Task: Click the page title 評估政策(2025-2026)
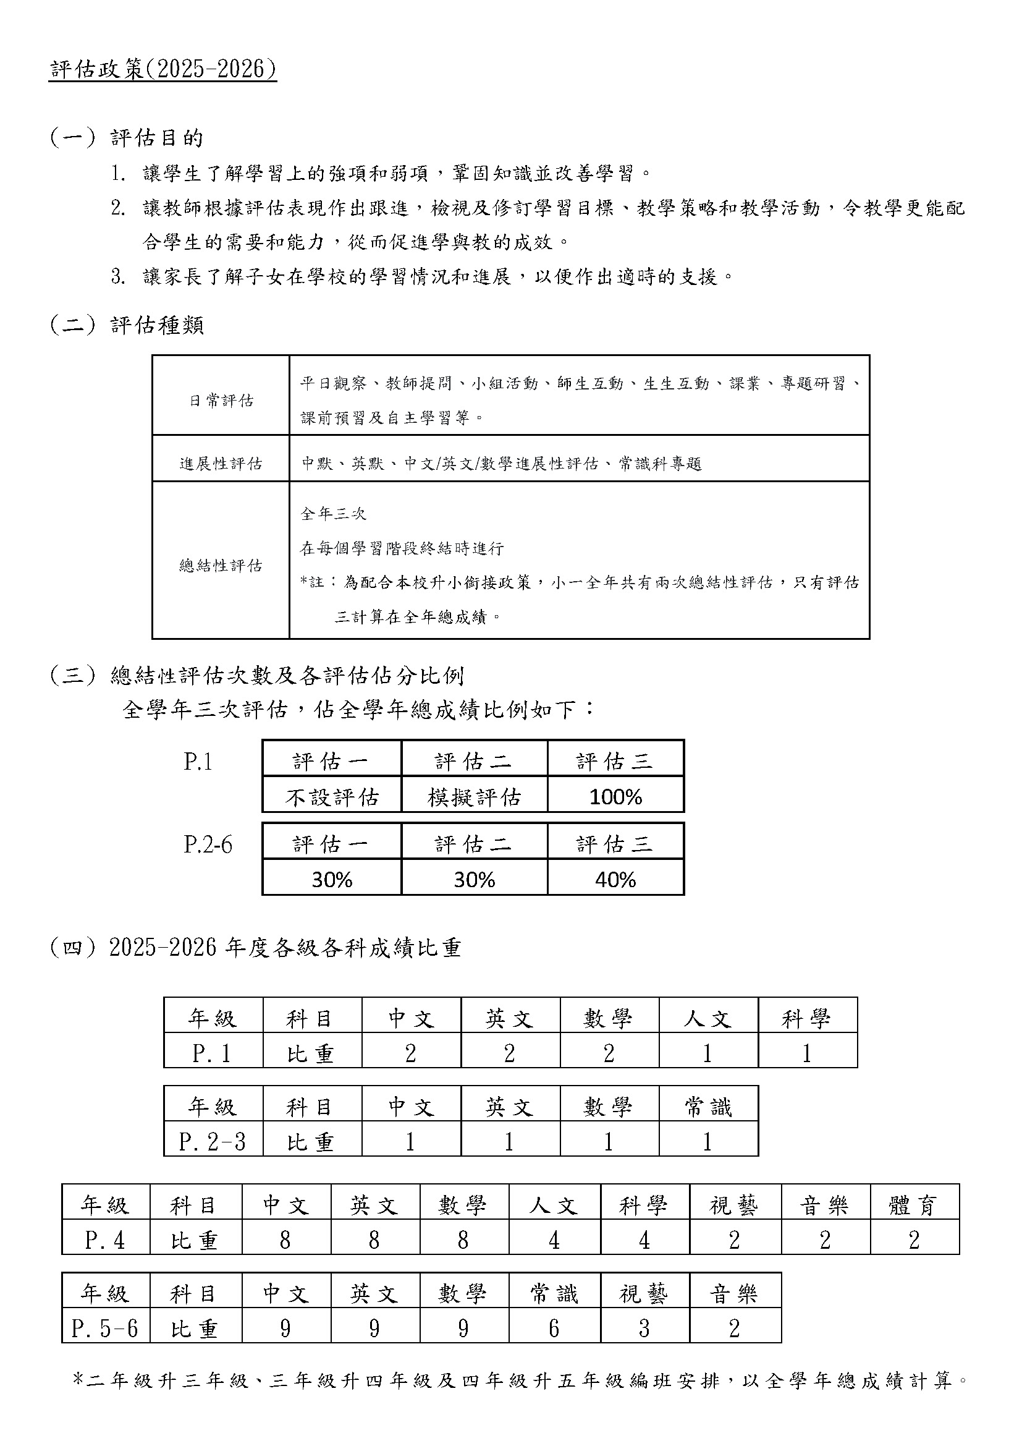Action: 163,69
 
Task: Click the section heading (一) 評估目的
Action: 127,137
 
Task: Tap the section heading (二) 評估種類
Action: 127,325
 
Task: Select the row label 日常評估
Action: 221,401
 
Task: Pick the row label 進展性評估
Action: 221,464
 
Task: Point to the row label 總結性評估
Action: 221,566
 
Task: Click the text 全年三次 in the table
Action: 334,514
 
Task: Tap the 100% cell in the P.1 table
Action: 615,797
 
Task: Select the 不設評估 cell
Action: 332,797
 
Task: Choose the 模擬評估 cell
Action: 475,797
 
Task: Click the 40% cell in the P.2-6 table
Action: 615,880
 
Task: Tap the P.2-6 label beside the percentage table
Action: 208,844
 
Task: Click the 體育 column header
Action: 914,1206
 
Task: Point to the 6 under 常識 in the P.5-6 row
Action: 554,1328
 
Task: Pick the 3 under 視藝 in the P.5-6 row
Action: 644,1328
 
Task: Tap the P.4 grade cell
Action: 105,1240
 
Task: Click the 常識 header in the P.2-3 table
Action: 708,1107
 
